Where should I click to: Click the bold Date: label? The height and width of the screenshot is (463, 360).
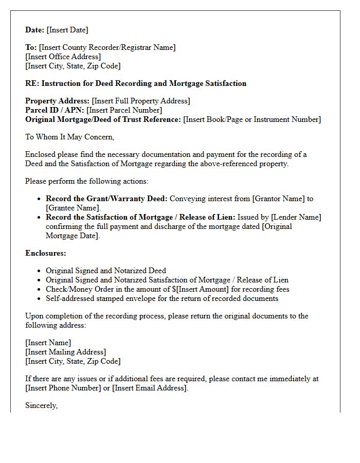pos(35,30)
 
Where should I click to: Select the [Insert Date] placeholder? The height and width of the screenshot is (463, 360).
pos(67,30)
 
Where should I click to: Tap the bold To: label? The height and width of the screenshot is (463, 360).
pos(31,47)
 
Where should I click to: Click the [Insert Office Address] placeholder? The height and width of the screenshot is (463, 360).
pos(63,57)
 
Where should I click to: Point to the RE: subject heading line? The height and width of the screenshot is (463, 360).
pos(136,83)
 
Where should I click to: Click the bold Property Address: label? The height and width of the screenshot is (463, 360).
pos(57,101)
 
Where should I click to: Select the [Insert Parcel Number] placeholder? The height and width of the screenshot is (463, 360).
pos(124,110)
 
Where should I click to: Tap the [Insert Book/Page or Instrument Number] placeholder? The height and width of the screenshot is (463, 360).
pos(252,119)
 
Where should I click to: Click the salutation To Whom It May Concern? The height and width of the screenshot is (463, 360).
pos(69,137)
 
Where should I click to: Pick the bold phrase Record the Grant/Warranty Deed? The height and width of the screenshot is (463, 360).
pos(106,199)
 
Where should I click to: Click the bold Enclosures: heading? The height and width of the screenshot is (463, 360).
pos(46,253)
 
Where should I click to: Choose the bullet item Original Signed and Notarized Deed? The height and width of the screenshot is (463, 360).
pos(106,271)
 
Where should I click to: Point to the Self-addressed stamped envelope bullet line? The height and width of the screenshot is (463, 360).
pos(162,298)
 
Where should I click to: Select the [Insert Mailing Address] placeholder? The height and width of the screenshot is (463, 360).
pos(66,352)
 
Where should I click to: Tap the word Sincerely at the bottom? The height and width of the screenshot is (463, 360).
pos(41,405)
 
